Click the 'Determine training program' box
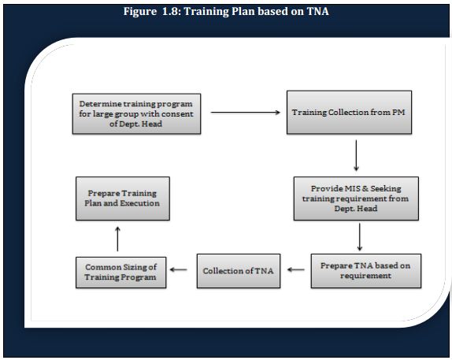click(137, 113)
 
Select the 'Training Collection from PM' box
click(349, 112)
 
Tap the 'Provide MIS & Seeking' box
click(356, 199)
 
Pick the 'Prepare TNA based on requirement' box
click(366, 271)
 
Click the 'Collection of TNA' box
click(239, 271)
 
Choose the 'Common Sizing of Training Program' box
click(120, 273)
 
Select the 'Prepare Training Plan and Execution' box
click(123, 199)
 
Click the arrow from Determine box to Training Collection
click(246, 112)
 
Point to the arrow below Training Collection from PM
click(356, 155)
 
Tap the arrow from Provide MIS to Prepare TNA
click(359, 237)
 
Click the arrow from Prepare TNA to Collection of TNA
click(296, 269)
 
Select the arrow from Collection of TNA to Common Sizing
click(179, 269)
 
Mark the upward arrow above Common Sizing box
click(117, 239)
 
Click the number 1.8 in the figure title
click(171, 12)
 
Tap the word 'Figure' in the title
click(140, 12)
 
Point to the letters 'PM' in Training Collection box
click(398, 112)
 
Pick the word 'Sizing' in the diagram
click(135, 267)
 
